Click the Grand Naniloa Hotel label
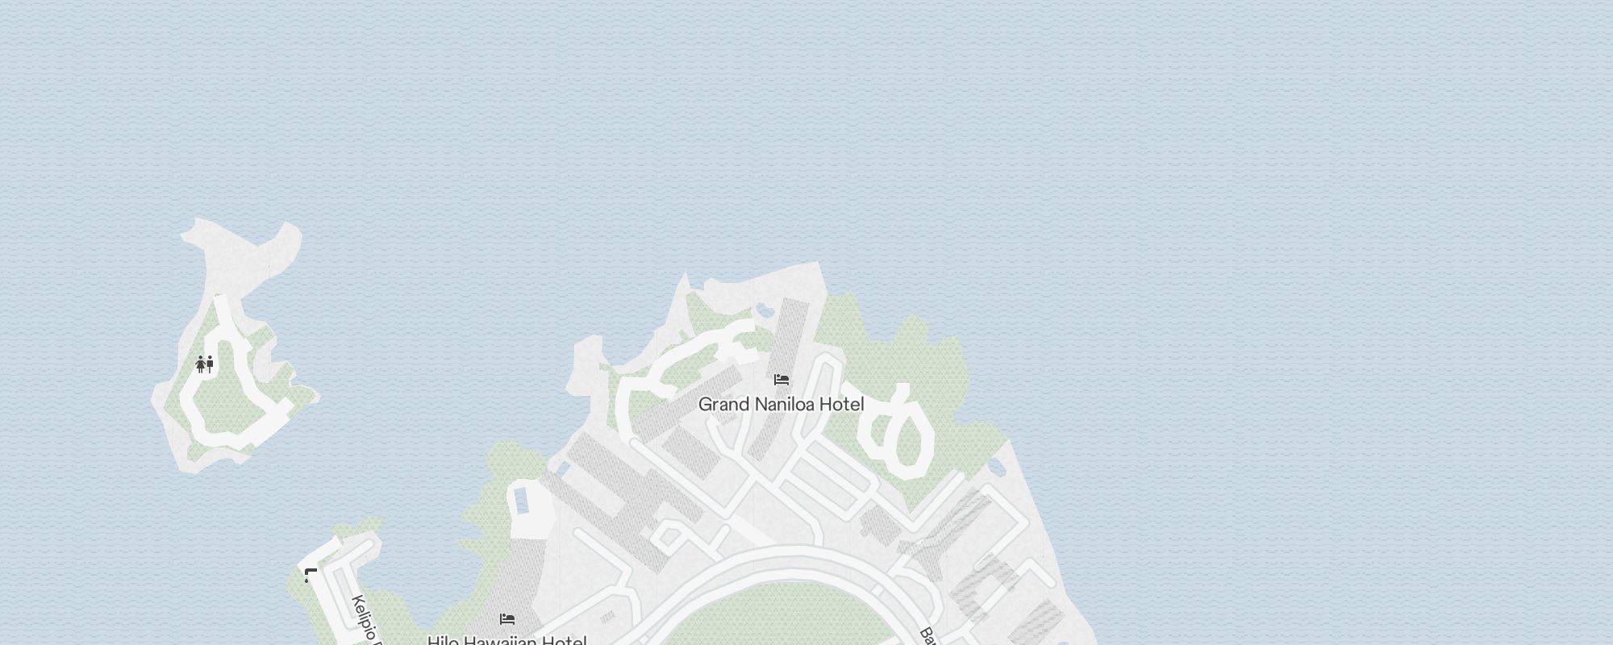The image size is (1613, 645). click(x=781, y=404)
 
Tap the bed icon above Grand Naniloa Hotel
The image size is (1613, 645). click(x=781, y=380)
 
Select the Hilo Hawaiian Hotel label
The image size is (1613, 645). click(x=506, y=640)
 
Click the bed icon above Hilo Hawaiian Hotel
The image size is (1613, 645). click(x=506, y=619)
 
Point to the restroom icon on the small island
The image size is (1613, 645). click(x=205, y=364)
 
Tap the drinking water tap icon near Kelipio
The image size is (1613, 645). click(x=310, y=575)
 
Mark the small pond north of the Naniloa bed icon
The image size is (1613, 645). click(x=762, y=309)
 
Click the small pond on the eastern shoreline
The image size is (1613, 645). click(x=997, y=467)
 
